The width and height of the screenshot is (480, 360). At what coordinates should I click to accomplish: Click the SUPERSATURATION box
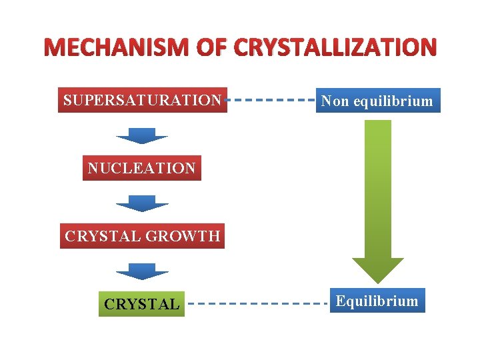pyautogui.click(x=142, y=100)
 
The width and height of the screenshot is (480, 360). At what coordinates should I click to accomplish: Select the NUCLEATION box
pyautogui.click(x=142, y=168)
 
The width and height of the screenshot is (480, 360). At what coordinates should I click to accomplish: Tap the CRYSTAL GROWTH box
pyautogui.click(x=142, y=235)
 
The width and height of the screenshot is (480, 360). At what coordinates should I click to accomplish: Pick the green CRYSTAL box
pyautogui.click(x=142, y=304)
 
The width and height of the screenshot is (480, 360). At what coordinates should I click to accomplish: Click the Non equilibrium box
pyautogui.click(x=377, y=101)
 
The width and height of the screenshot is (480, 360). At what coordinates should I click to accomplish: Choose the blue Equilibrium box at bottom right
pyautogui.click(x=377, y=301)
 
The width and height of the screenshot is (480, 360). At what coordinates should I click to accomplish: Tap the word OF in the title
pyautogui.click(x=209, y=48)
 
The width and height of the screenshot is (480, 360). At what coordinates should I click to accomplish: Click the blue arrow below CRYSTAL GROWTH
pyautogui.click(x=142, y=271)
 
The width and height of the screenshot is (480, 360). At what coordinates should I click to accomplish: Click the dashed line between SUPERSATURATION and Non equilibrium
pyautogui.click(x=271, y=100)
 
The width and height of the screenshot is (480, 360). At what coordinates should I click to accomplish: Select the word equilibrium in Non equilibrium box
pyautogui.click(x=393, y=101)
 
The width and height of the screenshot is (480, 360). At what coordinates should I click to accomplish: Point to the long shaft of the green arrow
pyautogui.click(x=378, y=187)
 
